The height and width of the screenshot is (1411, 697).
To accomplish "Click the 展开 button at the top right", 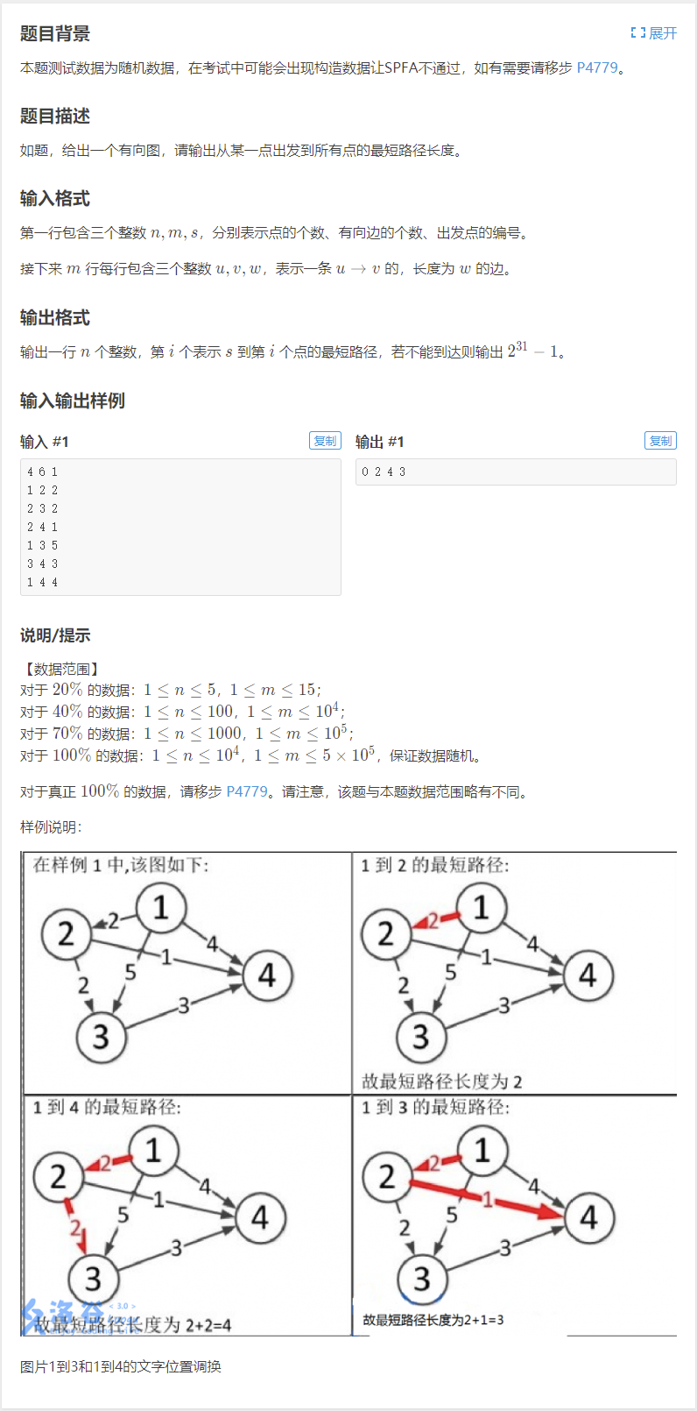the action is tap(654, 33).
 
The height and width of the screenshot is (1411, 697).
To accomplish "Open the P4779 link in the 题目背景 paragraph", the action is tap(597, 67).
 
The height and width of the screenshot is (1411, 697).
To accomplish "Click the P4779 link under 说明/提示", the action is tap(247, 791).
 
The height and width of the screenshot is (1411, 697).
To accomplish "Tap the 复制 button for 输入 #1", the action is tap(325, 441).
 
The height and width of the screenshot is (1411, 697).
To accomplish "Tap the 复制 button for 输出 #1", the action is tap(660, 441).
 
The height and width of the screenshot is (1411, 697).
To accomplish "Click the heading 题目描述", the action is tap(55, 116).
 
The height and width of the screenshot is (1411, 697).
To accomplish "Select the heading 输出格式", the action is tap(55, 317).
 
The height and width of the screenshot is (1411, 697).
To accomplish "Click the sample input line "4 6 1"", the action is tap(42, 472).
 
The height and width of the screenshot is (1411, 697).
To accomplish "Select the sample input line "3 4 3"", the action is tap(42, 564).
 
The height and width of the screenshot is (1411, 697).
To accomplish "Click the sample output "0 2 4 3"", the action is tap(384, 472).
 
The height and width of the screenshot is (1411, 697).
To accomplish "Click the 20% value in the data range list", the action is tap(67, 690).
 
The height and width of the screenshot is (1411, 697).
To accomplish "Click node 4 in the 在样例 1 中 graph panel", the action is tap(267, 975).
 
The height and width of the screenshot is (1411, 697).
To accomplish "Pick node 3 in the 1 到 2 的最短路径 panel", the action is tap(421, 1037).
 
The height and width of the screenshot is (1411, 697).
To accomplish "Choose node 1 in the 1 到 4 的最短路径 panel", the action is tap(153, 1150).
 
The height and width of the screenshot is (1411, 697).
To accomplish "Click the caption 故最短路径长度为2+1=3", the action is tap(433, 1320).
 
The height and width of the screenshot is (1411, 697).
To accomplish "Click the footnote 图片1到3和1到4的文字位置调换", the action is tap(121, 1366).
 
